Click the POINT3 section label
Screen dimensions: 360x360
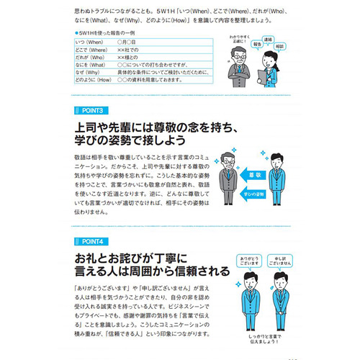pos(91,110)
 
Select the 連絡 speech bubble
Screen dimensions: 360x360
pos(268,39)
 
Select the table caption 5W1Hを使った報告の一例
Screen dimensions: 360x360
pos(108,34)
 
